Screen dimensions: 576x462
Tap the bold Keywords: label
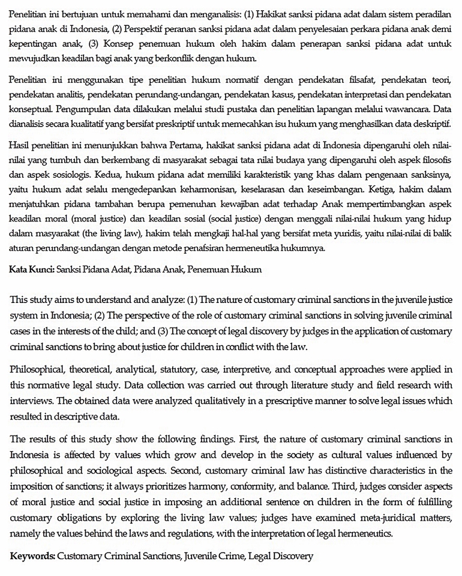tap(33, 556)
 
